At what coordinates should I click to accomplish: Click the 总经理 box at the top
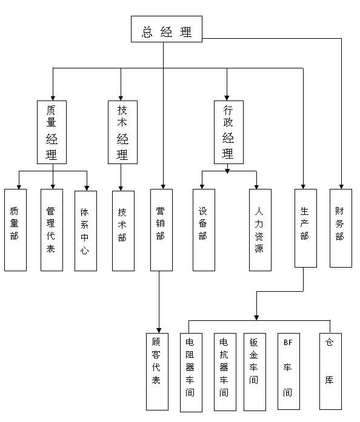click(x=167, y=29)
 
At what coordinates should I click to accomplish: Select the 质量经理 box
click(x=52, y=132)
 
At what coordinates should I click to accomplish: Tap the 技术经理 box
click(x=122, y=132)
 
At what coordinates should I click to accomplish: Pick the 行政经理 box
click(x=228, y=132)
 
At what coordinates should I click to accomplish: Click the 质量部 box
click(x=15, y=230)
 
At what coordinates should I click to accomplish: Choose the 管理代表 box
click(x=52, y=230)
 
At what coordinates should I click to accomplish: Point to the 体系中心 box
click(x=85, y=231)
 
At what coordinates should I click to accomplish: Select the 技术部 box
click(x=124, y=231)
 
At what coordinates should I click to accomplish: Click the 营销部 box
click(x=161, y=230)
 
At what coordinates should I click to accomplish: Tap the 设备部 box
click(x=204, y=230)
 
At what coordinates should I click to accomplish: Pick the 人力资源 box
click(x=260, y=230)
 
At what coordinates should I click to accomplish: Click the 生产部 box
click(x=305, y=228)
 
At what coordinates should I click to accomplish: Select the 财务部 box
click(x=341, y=228)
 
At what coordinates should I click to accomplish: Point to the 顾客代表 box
click(x=158, y=372)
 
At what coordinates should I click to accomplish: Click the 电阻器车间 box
click(x=191, y=372)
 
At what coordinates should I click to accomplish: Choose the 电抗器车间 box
click(x=225, y=372)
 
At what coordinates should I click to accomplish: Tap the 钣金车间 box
click(x=255, y=372)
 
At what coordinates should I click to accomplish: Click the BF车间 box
click(x=288, y=371)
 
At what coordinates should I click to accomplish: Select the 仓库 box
click(x=331, y=371)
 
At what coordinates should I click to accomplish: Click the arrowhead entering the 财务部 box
click(x=341, y=186)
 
